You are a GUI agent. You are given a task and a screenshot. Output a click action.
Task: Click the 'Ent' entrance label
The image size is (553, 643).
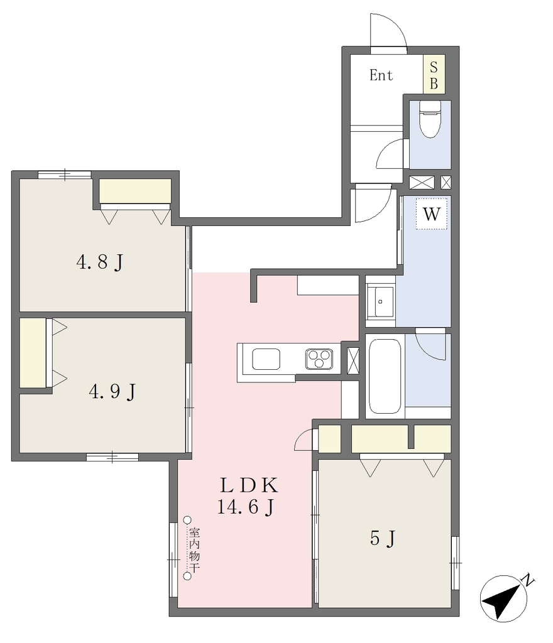pyautogui.click(x=381, y=75)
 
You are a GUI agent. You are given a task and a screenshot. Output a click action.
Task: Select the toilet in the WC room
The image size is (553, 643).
pyautogui.click(x=430, y=119)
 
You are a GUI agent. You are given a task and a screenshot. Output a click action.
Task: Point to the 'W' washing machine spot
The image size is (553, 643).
pyautogui.click(x=432, y=213)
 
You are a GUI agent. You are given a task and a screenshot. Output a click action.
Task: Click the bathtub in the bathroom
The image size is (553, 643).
pyautogui.click(x=385, y=376)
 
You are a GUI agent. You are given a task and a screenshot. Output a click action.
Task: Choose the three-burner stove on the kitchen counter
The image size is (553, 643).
pyautogui.click(x=319, y=359)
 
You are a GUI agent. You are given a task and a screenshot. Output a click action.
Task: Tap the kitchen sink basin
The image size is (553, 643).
pyautogui.click(x=266, y=359)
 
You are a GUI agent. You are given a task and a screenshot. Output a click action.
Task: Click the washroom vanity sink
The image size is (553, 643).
pyautogui.click(x=380, y=301)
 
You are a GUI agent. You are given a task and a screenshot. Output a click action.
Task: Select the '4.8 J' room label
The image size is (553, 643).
pyautogui.click(x=100, y=262)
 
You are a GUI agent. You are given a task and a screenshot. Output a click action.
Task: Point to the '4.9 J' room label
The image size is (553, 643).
pyautogui.click(x=112, y=392)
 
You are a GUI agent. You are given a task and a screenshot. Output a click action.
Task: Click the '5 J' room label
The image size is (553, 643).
pyautogui.click(x=382, y=538)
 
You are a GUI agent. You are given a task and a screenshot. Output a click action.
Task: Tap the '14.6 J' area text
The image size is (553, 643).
pyautogui.click(x=245, y=507)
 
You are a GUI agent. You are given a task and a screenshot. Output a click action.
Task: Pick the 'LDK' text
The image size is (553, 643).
pyautogui.click(x=249, y=485)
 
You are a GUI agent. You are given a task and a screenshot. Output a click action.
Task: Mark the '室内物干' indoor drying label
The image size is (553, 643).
pyautogui.click(x=194, y=549)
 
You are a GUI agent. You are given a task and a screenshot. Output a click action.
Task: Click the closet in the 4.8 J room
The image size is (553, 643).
pyautogui.click(x=135, y=191)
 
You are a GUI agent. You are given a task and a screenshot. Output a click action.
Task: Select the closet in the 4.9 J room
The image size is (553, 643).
pyautogui.click(x=33, y=353)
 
